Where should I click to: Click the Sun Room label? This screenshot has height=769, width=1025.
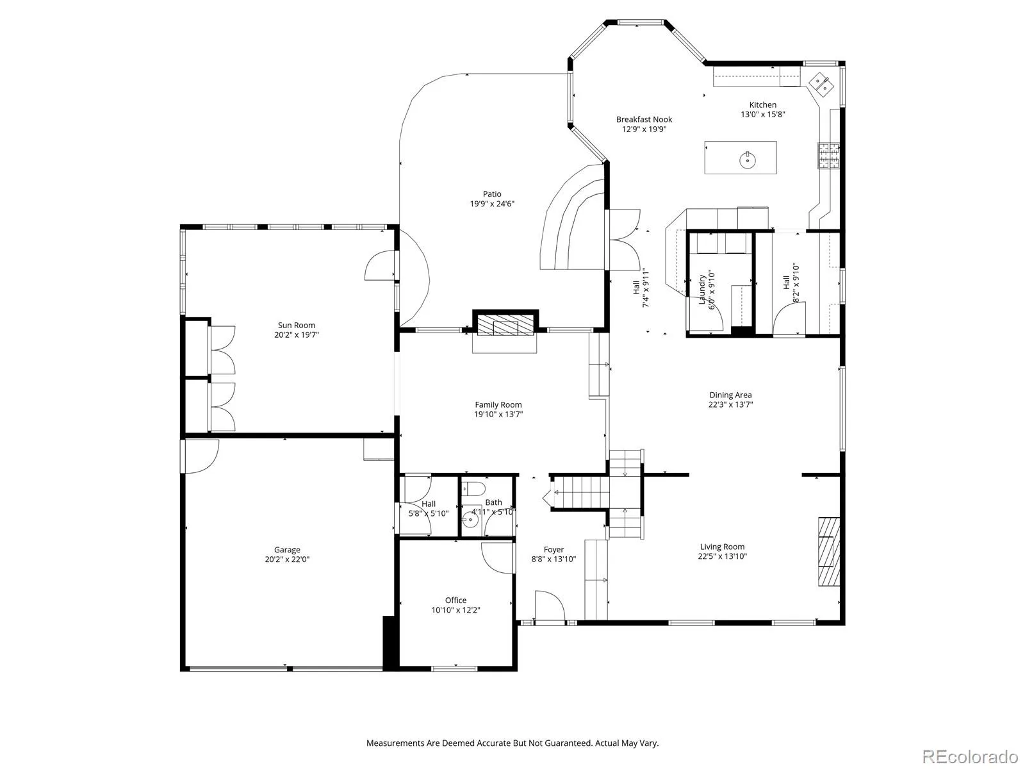pyautogui.click(x=296, y=325)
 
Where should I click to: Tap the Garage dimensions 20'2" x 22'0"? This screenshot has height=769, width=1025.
pyautogui.click(x=287, y=559)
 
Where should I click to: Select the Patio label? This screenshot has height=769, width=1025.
pyautogui.click(x=492, y=194)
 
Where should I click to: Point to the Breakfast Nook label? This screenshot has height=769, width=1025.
pyautogui.click(x=644, y=120)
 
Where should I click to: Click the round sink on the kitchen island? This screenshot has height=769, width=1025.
pyautogui.click(x=748, y=160)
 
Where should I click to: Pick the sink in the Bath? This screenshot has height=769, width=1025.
pyautogui.click(x=470, y=519)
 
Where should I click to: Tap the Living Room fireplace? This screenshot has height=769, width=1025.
pyautogui.click(x=828, y=551)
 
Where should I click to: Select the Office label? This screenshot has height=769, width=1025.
pyautogui.click(x=455, y=600)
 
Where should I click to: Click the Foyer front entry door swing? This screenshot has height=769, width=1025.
pyautogui.click(x=550, y=606)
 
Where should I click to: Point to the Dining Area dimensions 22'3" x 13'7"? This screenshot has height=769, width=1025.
pyautogui.click(x=730, y=404)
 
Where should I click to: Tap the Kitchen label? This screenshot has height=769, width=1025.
pyautogui.click(x=762, y=105)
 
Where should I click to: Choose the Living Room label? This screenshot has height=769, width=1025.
pyautogui.click(x=723, y=547)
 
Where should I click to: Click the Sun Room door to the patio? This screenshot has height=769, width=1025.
pyautogui.click(x=380, y=265)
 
